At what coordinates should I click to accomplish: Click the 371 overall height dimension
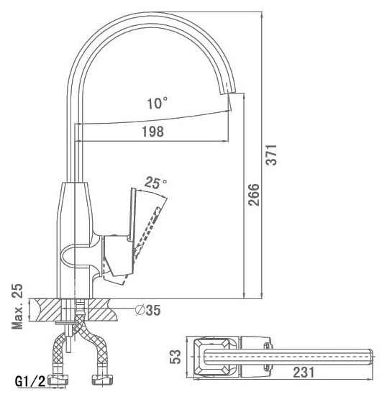[x=271, y=155]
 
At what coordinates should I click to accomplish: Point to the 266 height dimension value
[x=254, y=195]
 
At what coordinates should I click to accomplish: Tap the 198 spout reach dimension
[x=152, y=132]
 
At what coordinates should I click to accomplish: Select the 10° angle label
[x=158, y=103]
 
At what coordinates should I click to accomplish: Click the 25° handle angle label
[x=155, y=183]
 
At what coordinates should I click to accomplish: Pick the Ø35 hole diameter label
[x=148, y=310]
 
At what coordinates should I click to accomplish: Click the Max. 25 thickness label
[x=17, y=306]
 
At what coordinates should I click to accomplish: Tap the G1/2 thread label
[x=30, y=381]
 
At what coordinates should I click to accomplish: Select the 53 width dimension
[x=176, y=357]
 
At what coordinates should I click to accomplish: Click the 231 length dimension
[x=304, y=373]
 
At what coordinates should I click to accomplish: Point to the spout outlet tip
[x=228, y=93]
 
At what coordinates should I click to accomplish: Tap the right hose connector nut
[x=102, y=380]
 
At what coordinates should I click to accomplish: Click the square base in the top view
[x=212, y=357]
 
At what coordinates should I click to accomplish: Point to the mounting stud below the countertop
[x=68, y=337]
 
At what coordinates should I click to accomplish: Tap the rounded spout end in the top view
[x=370, y=357]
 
